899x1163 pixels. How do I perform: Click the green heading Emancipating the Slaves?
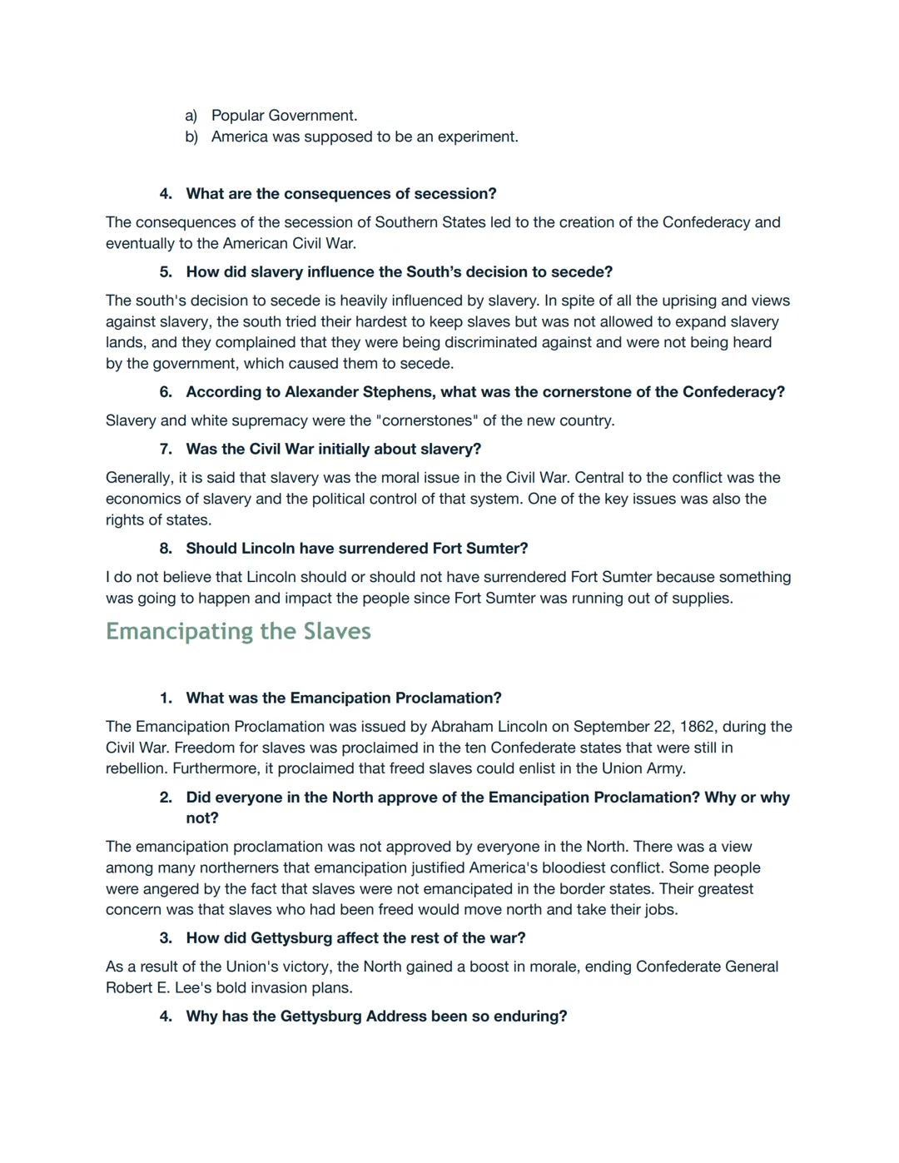[x=238, y=631]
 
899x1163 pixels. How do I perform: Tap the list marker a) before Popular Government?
[x=191, y=116]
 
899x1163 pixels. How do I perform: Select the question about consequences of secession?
[x=340, y=194]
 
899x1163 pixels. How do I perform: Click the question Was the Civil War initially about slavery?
[x=333, y=450]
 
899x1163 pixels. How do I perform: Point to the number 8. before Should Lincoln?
[x=166, y=549]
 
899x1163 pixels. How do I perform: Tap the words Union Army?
[x=647, y=768]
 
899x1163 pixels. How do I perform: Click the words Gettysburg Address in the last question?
[x=370, y=1016]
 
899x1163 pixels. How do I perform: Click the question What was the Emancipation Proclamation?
[x=343, y=698]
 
